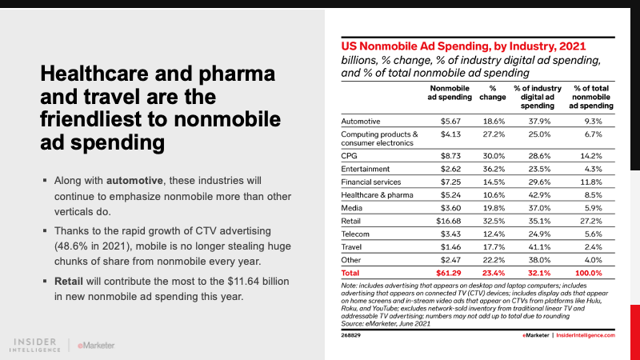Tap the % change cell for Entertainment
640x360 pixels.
pyautogui.click(x=494, y=169)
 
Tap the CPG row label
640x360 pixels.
pyautogui.click(x=350, y=155)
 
